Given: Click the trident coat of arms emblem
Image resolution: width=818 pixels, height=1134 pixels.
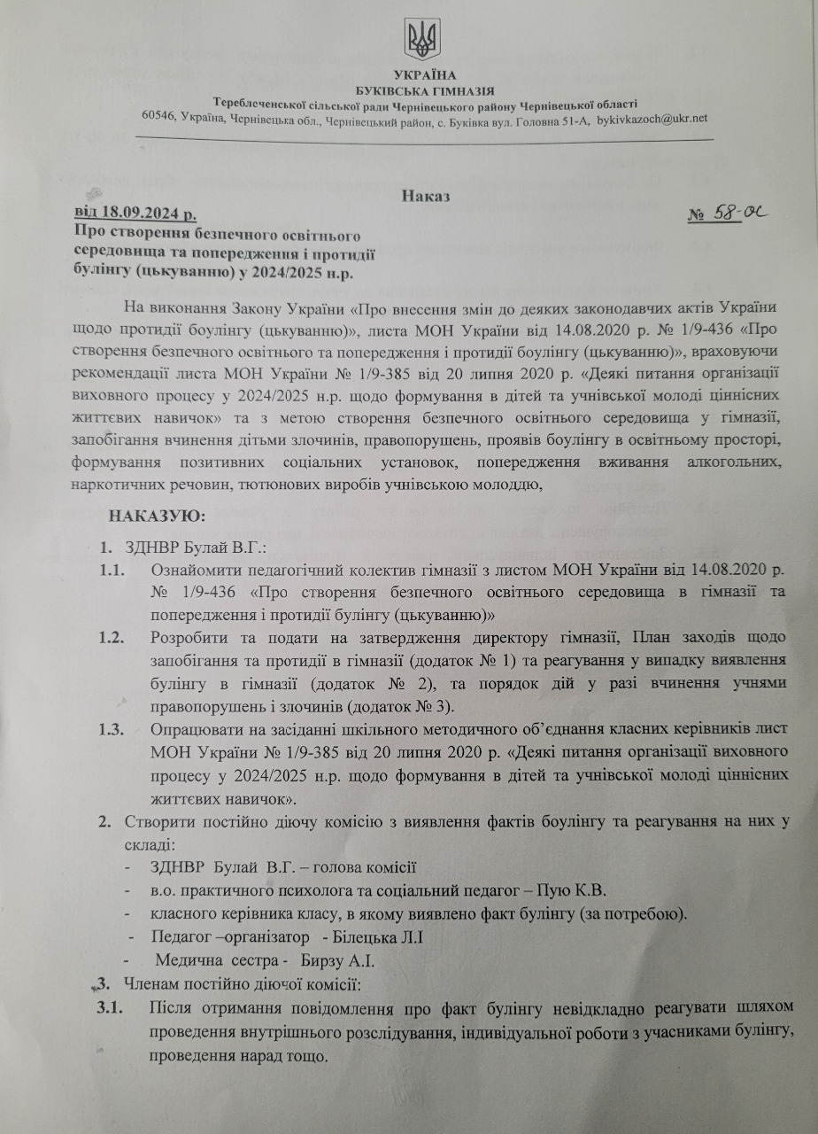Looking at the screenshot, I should click(x=421, y=40).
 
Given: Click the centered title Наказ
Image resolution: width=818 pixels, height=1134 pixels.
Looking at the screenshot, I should click(x=425, y=197).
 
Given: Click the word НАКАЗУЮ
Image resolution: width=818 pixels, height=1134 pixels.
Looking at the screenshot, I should click(x=157, y=515).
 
